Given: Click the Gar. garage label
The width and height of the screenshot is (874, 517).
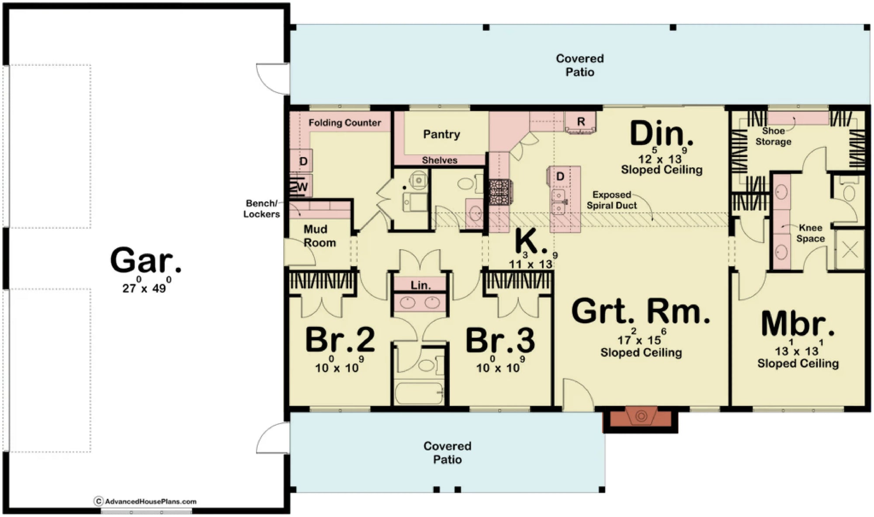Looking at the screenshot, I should [x=145, y=261].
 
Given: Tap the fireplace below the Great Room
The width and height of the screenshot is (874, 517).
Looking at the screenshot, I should [x=641, y=417].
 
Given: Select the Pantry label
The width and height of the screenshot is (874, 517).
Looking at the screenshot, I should [x=441, y=134].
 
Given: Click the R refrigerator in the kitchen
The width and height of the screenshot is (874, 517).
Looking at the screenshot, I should [x=581, y=122].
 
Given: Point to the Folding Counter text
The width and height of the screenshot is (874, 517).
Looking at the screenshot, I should [x=345, y=123].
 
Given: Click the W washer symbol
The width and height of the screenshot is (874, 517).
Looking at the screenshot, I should [x=301, y=187].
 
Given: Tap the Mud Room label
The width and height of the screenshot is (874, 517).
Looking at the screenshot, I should [x=319, y=236].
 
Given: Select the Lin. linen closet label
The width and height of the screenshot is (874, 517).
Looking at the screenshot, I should [x=420, y=285].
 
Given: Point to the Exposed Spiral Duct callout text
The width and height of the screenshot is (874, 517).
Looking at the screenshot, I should [x=611, y=200].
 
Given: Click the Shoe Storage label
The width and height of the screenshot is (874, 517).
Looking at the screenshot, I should [x=773, y=136].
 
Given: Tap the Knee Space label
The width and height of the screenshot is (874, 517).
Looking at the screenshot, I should [x=810, y=233].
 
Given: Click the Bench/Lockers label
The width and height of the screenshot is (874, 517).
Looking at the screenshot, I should [x=261, y=209].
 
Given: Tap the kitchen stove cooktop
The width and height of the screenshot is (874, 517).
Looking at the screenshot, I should [x=499, y=193].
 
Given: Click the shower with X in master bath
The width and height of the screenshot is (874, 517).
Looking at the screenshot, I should [x=850, y=250].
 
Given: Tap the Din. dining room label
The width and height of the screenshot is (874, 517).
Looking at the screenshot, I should [x=661, y=134].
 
